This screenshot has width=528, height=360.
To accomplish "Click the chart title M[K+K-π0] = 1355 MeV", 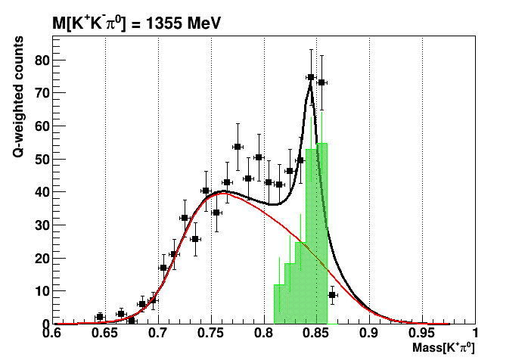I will tap(136, 24).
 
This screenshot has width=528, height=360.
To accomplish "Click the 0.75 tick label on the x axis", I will tap(210, 333).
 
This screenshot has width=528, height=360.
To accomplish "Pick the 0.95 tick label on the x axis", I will tap(422, 333).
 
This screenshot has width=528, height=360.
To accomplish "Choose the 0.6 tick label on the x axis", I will tap(51, 333).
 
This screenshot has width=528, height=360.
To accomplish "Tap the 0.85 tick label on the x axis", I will tap(316, 333).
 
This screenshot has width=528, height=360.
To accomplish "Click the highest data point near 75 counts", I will tap(311, 77).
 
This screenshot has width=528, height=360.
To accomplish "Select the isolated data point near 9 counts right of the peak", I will tap(332, 295).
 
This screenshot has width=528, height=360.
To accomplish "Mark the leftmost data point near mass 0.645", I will tap(99, 317).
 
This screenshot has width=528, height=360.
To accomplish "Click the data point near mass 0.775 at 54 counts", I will tap(238, 147).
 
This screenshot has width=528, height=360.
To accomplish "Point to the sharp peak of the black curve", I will tap(311, 84).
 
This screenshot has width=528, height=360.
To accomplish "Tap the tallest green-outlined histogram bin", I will tap(321, 227).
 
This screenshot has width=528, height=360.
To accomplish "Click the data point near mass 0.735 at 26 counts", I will tap(195, 239).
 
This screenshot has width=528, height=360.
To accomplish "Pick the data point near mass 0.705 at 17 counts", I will tap(163, 268).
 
